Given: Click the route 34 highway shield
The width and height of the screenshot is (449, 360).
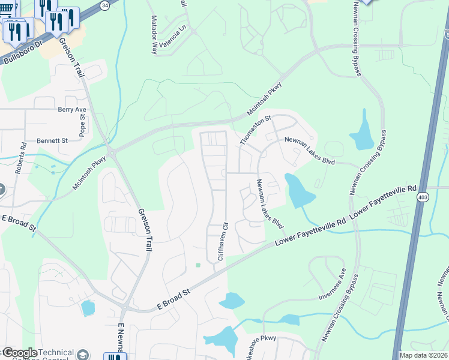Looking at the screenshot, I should [104, 5].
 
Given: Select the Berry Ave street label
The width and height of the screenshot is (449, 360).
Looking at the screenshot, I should [72, 110].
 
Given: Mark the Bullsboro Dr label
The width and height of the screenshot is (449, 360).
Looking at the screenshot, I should [24, 52].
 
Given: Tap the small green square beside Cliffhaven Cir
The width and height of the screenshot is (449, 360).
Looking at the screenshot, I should [197, 265].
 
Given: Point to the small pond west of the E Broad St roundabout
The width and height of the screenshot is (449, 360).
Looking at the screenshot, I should [88, 308].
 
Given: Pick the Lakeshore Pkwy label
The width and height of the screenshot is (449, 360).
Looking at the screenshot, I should [258, 338].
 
